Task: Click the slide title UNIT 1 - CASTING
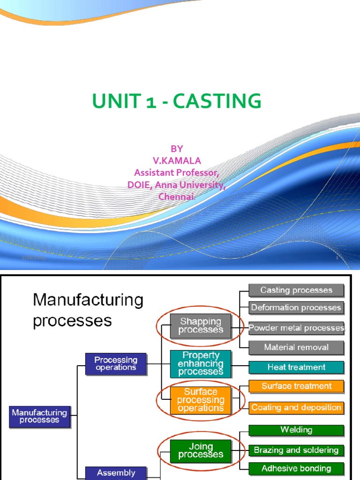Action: pos(176,101)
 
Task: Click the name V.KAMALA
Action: pos(176,161)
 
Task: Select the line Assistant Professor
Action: pos(176,172)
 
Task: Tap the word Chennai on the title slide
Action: pos(176,196)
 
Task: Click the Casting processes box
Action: pos(296,290)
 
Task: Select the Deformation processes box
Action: pos(296,308)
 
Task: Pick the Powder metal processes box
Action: pos(296,328)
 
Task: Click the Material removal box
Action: pos(296,347)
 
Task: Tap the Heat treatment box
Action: pos(296,367)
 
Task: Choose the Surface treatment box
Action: pos(296,386)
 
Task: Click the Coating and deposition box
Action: pos(296,407)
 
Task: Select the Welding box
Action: pos(296,430)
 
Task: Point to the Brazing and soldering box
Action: pos(296,450)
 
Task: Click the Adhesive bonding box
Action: pos(296,468)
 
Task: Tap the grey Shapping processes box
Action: pos(201,325)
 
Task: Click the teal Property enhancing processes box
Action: pos(201,364)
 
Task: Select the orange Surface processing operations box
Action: pos(201,400)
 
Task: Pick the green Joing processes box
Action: pos(201,450)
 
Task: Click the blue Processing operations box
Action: pos(116,364)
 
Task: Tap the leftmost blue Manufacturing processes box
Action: pos(40,417)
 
